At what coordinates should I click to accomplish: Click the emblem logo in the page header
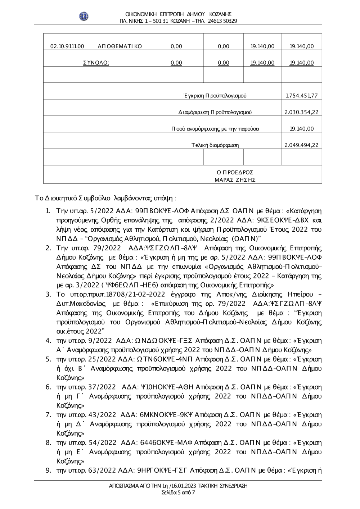click(84, 16)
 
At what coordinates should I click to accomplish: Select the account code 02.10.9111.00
click(67, 46)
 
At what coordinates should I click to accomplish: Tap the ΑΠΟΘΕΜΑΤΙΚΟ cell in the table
click(120, 46)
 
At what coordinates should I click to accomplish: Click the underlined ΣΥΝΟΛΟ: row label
click(96, 63)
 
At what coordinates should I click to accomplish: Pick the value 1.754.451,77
click(301, 96)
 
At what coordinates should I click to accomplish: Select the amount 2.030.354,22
click(301, 112)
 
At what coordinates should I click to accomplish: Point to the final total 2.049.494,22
click(301, 145)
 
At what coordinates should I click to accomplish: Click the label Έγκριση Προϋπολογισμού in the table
click(215, 96)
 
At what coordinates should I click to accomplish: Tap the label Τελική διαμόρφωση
click(215, 145)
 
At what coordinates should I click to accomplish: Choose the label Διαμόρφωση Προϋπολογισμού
click(215, 112)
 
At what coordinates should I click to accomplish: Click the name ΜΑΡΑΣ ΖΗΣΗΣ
click(235, 180)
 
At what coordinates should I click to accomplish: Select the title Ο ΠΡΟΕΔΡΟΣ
click(235, 172)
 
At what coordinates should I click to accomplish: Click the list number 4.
click(48, 340)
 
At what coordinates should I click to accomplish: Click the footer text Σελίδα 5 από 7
click(178, 492)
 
